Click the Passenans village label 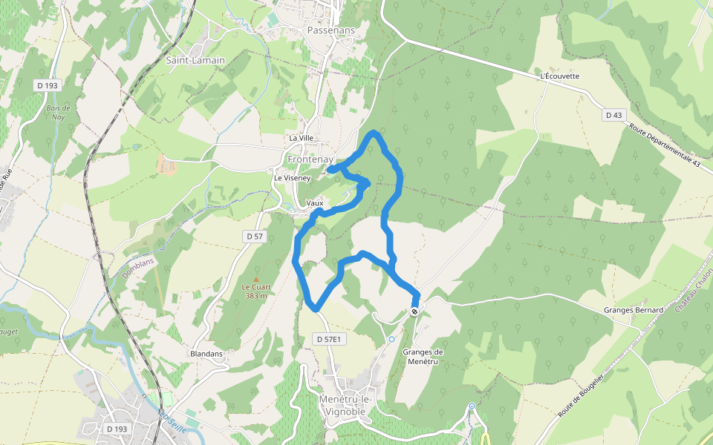pos(331,30)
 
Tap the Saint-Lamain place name pos(195,60)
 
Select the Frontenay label pos(311,159)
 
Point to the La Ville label pos(302,139)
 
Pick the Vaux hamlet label pos(314,202)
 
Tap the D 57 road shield pos(254,236)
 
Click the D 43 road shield pos(613,115)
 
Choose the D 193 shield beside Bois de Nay pos(47,86)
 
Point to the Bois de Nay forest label pos(57,113)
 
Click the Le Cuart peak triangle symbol pos(255,278)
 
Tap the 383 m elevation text pos(255,295)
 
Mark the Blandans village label pos(206,354)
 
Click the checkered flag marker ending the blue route pos(414,311)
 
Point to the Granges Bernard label pos(634,310)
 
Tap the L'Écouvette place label pos(559,76)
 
